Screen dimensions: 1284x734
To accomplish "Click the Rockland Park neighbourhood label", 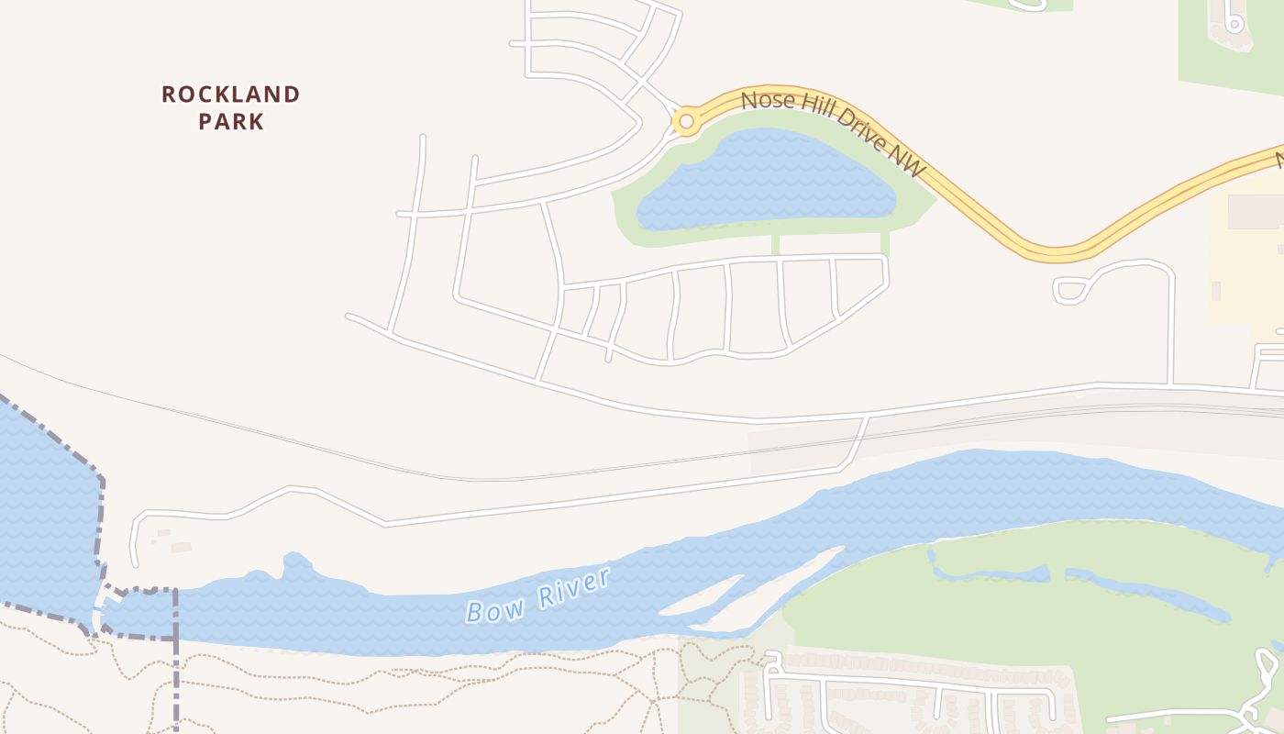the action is pyautogui.click(x=231, y=107).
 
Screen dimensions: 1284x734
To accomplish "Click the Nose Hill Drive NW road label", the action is pyautogui.click(x=833, y=133).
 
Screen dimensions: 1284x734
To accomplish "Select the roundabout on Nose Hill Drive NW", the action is pyautogui.click(x=685, y=120).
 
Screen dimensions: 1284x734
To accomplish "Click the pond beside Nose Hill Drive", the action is pyautogui.click(x=766, y=181).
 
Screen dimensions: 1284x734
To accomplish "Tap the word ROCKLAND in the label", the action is pyautogui.click(x=231, y=95).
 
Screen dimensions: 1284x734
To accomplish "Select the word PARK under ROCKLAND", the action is pyautogui.click(x=231, y=121).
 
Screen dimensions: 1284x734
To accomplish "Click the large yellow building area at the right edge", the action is pyautogui.click(x=1247, y=257).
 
